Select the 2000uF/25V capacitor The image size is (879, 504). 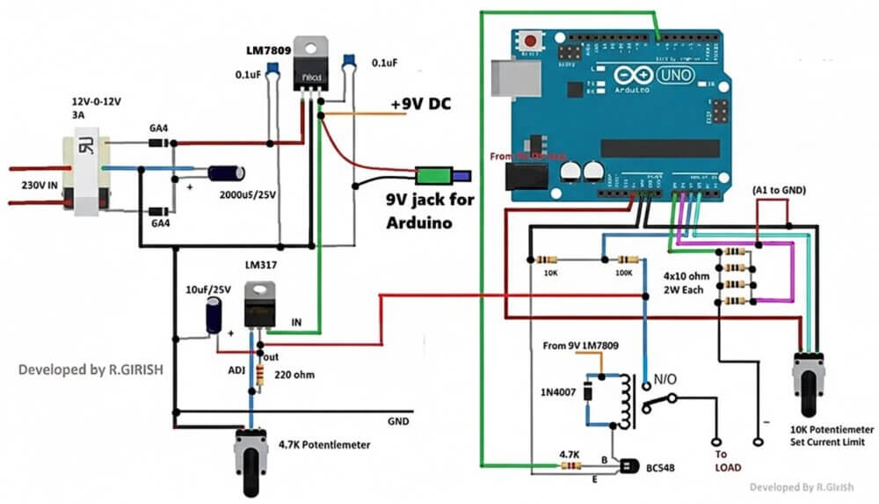click(224, 177)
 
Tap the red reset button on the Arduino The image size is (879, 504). click(531, 40)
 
